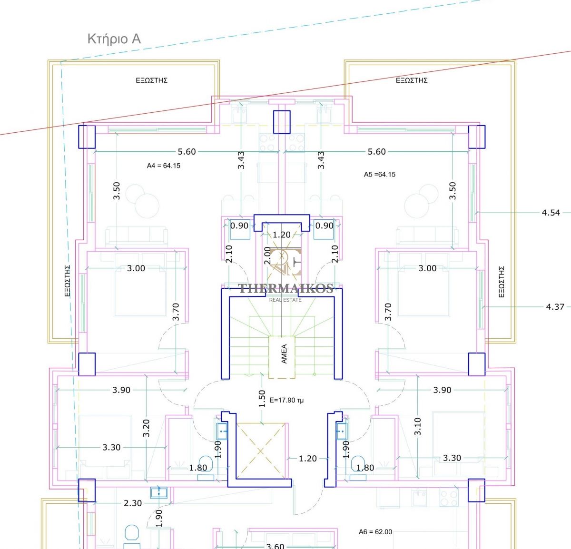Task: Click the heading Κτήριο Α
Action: point(114,39)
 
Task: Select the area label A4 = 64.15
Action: point(163,166)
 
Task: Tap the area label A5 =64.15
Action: point(379,175)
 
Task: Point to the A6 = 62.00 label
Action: point(375,532)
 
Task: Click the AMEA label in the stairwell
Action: point(284,353)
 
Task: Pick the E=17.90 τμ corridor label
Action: point(286,400)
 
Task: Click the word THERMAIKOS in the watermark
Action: point(285,288)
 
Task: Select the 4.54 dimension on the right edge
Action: point(551,213)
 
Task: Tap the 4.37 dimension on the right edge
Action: point(555,307)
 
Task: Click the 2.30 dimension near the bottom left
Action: point(133,503)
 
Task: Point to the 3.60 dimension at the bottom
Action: point(275,546)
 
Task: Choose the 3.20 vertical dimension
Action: point(146,428)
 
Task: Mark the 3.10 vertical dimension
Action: point(418,426)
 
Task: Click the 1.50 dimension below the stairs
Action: point(262,399)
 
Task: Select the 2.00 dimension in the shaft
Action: point(267,255)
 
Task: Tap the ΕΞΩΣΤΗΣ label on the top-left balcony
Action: point(151,80)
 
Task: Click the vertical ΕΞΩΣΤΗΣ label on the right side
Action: point(502,282)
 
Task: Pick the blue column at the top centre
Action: point(282,122)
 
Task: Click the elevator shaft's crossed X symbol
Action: point(261,451)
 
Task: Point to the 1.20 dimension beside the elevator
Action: point(307,458)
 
